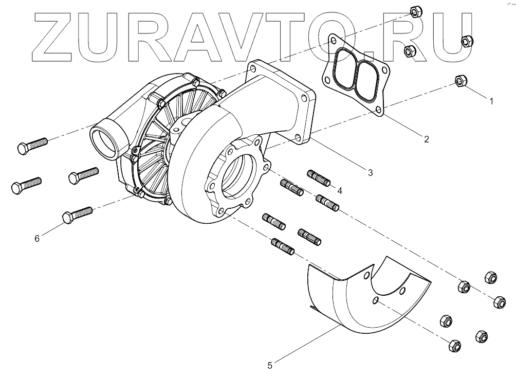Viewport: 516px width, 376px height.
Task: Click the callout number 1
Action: [491, 101]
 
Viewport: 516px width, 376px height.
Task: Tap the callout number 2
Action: [426, 138]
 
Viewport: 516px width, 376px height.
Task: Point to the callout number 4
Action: [339, 190]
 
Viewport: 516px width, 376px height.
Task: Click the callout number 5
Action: [270, 366]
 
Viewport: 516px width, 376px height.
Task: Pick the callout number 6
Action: [36, 238]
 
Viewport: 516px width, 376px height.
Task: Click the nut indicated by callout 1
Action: [462, 81]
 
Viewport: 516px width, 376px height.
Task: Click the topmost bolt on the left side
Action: [32, 145]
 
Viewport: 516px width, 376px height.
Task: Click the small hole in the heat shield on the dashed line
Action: [376, 300]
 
